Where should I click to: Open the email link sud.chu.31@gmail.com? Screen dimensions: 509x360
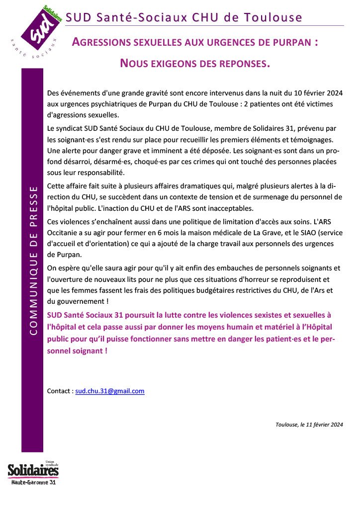[x=110, y=391]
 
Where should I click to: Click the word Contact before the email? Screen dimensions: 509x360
[x=59, y=391]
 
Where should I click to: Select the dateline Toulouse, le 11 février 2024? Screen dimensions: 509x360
[x=309, y=424]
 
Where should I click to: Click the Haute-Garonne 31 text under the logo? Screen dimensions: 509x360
[x=34, y=482]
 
